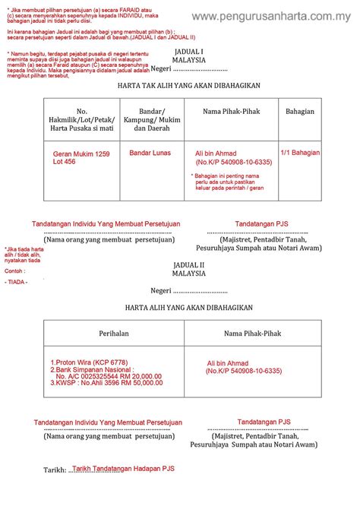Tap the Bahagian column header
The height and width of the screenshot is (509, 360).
300,112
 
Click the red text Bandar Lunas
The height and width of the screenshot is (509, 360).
150,153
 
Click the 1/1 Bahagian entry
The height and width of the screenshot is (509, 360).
300,153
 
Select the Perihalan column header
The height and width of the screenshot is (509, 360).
114,333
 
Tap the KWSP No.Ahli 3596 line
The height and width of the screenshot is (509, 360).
106,383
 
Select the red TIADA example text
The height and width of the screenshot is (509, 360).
16,283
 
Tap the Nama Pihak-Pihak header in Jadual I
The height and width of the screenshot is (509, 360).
231,112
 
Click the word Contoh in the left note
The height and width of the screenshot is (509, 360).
14,270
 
